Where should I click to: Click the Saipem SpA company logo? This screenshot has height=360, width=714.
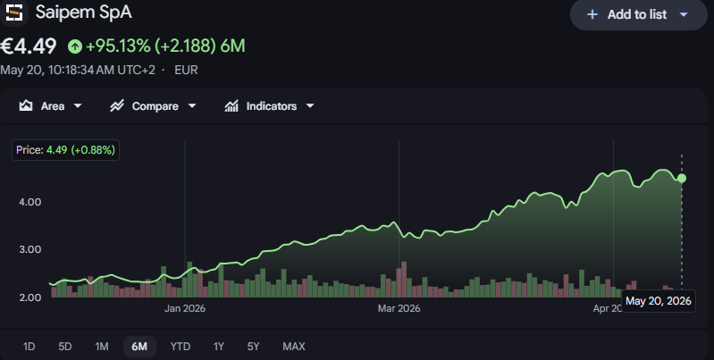point(14,13)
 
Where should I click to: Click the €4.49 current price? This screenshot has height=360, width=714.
point(29,46)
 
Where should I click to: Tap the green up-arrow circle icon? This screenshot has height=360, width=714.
point(75,46)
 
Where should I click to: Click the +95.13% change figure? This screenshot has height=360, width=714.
point(118,46)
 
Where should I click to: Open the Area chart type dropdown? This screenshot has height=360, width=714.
point(50,106)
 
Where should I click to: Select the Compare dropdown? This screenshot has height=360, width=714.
point(153,106)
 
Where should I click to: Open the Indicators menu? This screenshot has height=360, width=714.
point(269,106)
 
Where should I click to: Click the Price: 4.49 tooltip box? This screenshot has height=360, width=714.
point(65,150)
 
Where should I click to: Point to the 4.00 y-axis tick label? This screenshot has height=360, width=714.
point(30,202)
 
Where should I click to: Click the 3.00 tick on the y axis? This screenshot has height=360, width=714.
point(30,249)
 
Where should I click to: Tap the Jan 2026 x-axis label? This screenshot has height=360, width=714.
point(185,308)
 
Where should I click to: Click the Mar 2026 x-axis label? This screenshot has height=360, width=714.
point(399,308)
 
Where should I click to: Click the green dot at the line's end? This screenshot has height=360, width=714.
point(682,179)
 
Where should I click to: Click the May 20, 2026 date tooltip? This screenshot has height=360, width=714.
point(659,301)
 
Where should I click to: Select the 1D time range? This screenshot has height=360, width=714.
point(29,347)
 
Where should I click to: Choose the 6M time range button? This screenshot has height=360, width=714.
point(139,347)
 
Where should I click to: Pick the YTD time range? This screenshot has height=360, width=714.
point(181,347)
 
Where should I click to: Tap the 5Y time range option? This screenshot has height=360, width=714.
point(253,347)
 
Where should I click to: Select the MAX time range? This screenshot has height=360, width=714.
point(294,347)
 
